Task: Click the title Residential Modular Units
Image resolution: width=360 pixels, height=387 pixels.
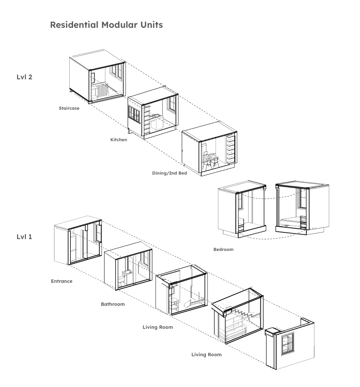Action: tap(106, 25)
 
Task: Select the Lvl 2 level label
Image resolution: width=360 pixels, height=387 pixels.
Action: tap(24, 77)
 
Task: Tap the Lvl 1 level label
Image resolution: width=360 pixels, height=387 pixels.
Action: tap(24, 236)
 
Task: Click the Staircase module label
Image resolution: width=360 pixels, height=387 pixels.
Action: tap(69, 109)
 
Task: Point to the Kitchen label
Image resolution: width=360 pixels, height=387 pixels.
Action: tap(119, 140)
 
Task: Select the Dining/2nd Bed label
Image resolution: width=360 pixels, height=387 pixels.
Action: tap(169, 173)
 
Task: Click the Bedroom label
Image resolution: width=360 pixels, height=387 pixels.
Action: tap(223, 249)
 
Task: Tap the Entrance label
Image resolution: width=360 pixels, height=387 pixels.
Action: tap(61, 281)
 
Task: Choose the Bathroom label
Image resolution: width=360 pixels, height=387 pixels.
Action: tap(113, 304)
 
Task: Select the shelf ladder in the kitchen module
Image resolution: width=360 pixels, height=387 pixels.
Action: tap(147, 119)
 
